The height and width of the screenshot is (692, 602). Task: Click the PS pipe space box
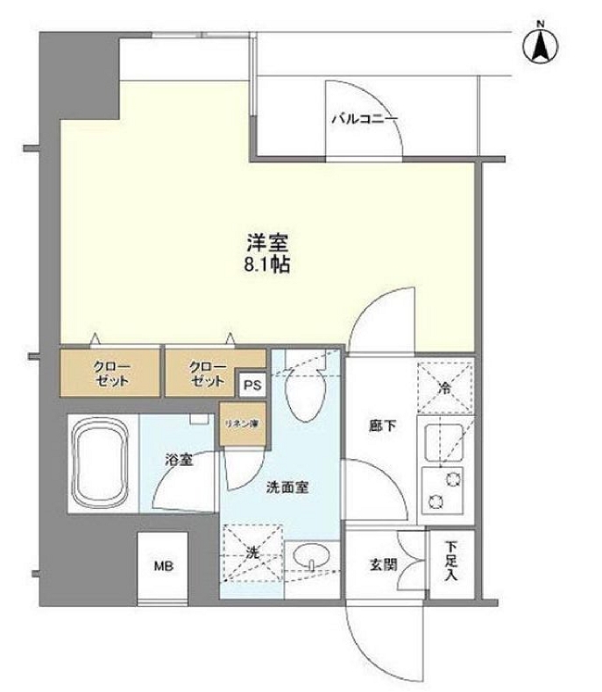[x=252, y=384]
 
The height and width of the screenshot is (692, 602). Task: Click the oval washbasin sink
[x=309, y=556]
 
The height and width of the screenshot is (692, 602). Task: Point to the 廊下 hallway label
[x=378, y=427]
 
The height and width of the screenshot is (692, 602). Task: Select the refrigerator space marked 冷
[x=444, y=387]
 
